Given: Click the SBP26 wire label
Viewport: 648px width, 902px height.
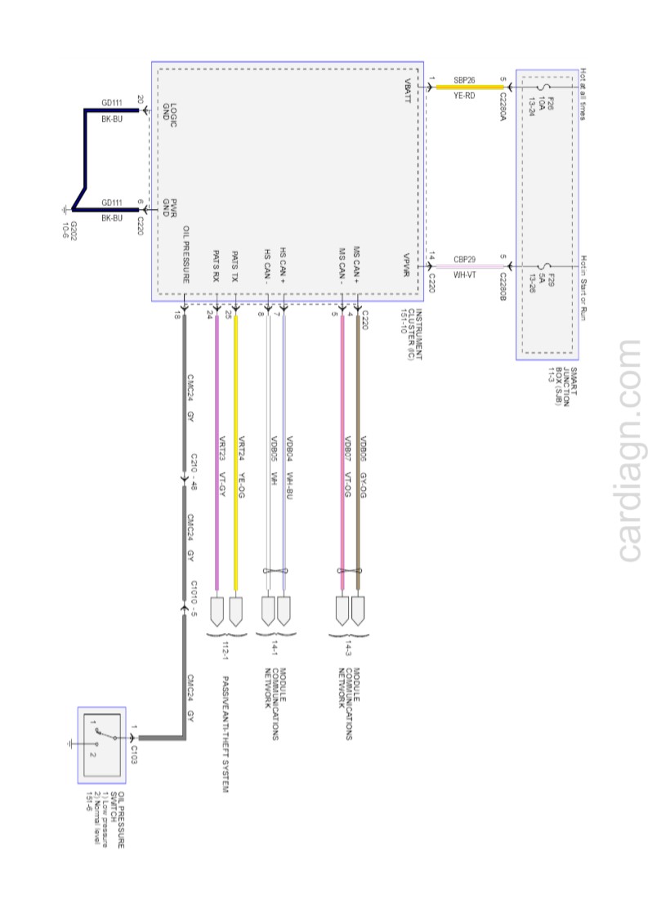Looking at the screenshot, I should point(465,80).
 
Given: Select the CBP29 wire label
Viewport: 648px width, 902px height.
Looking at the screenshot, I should point(465,259).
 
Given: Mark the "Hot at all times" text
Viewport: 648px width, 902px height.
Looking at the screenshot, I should point(583,93).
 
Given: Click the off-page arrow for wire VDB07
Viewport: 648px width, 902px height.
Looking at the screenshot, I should point(343,610).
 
